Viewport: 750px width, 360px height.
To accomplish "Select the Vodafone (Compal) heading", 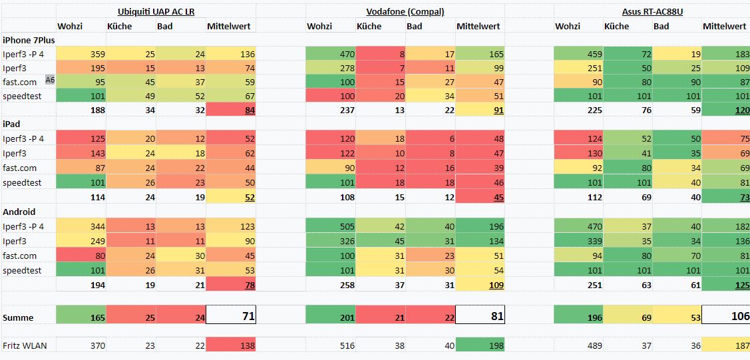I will coord(405,11).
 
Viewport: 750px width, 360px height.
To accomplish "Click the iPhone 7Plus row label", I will coord(29,40).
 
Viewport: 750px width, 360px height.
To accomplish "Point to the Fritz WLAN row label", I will coord(24,345).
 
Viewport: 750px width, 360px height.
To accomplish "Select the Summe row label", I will coord(18,317).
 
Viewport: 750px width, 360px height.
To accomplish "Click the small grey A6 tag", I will coord(50,80).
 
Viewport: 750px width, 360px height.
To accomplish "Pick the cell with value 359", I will coord(81,54).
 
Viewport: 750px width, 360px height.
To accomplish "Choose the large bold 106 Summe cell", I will coord(727,316).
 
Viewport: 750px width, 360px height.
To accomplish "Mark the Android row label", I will coord(19,212).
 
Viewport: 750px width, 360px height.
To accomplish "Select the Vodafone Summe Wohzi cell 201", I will coord(330,317).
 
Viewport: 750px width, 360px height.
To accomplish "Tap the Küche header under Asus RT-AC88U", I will coord(617,26).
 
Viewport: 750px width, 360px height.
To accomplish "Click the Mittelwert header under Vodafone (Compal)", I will coord(478,26).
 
